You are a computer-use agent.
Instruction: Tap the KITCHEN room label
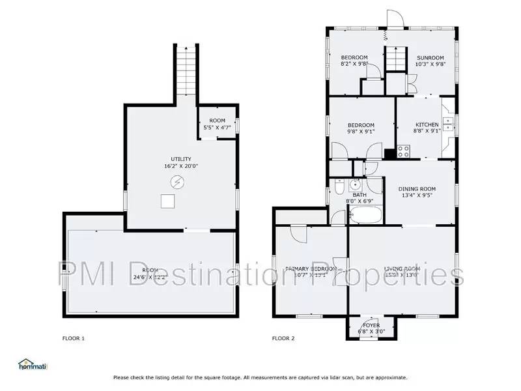pos(427,124)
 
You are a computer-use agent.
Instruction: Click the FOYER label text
pos(371,325)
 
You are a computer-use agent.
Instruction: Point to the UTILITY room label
pos(180,159)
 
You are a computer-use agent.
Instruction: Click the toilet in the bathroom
pos(339,188)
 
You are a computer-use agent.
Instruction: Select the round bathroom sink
pos(356,183)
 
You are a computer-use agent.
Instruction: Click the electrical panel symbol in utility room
pos(176,181)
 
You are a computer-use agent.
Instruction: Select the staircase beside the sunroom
pos(395,63)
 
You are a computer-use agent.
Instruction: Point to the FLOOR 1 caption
pos(73,338)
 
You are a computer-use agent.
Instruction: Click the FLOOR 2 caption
pos(283,338)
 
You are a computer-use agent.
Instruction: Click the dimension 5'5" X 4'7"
pos(217,128)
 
